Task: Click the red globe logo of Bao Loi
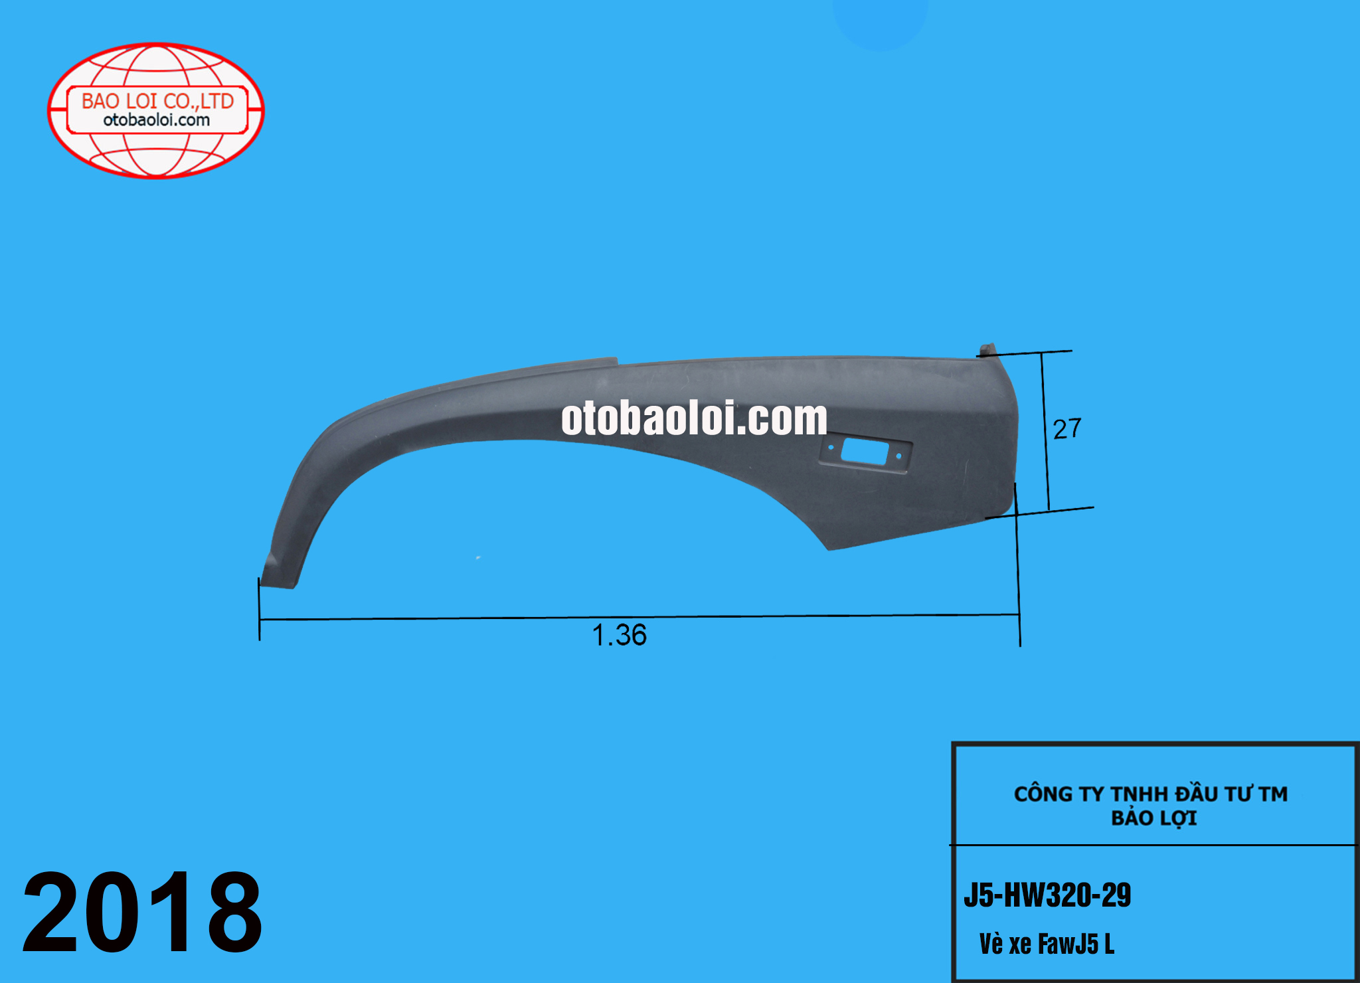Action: pos(156,110)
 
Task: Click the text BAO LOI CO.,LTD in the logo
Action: pos(157,101)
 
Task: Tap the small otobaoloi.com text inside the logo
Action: pos(157,120)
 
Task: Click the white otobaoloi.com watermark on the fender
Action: pos(694,418)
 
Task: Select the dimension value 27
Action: pos(1067,429)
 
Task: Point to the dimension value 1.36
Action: pos(619,635)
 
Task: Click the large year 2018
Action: pos(142,912)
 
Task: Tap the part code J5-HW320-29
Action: pos(1047,895)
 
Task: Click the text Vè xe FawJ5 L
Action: pos(1047,944)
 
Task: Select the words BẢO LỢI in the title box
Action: pos(1154,818)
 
